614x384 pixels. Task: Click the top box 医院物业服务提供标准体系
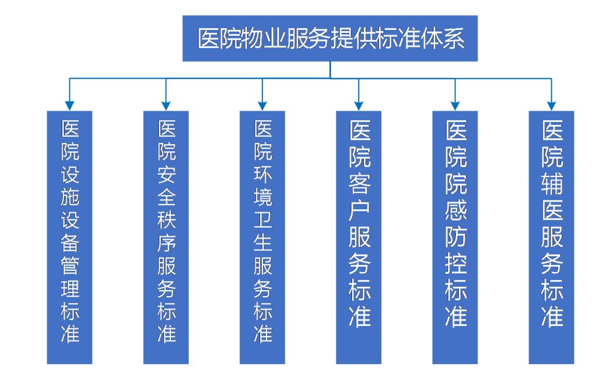tap(330, 38)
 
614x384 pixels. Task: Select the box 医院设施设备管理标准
tap(70, 237)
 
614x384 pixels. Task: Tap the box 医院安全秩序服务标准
tap(166, 237)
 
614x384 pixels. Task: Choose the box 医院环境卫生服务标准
tap(262, 237)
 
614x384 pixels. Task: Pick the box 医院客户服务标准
tap(359, 237)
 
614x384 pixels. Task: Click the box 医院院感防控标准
tap(455, 237)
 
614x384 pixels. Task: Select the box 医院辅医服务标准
tap(551, 237)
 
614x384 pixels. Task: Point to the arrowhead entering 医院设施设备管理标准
tap(70, 106)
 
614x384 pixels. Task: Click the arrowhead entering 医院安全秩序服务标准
tap(166, 106)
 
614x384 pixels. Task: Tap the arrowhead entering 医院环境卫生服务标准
tap(262, 106)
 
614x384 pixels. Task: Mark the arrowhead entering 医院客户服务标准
tap(359, 106)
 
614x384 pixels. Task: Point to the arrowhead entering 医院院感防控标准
tap(455, 106)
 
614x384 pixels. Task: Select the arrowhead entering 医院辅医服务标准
tap(551, 106)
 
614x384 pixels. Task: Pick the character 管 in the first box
tap(70, 267)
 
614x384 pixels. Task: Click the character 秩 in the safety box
tap(166, 220)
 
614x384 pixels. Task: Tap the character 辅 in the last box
tap(552, 183)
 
